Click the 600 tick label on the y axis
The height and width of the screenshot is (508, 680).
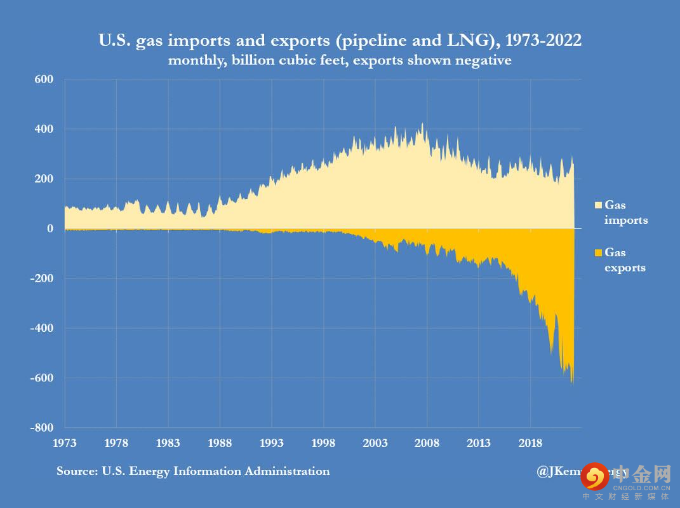coord(44,79)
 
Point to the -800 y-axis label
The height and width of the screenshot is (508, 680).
coord(41,428)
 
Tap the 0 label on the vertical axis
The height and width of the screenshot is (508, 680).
coord(50,228)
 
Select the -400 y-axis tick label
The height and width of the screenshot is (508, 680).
coord(41,328)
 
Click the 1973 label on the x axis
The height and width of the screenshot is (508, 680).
coord(65,443)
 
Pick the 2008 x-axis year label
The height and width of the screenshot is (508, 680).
coord(427,443)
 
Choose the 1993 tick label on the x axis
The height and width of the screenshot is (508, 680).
coord(272,443)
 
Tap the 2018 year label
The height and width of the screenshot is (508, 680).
coord(530,443)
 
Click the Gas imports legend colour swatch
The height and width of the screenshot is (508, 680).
coord(597,205)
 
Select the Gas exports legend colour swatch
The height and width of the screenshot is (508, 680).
coord(597,253)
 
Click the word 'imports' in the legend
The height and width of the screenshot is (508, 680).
coord(626,220)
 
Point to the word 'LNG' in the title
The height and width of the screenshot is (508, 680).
coord(466,41)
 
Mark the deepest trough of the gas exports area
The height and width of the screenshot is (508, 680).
coord(572,383)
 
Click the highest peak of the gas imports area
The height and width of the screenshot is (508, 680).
coord(423,124)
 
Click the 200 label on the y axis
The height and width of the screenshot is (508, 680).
coord(44,179)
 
